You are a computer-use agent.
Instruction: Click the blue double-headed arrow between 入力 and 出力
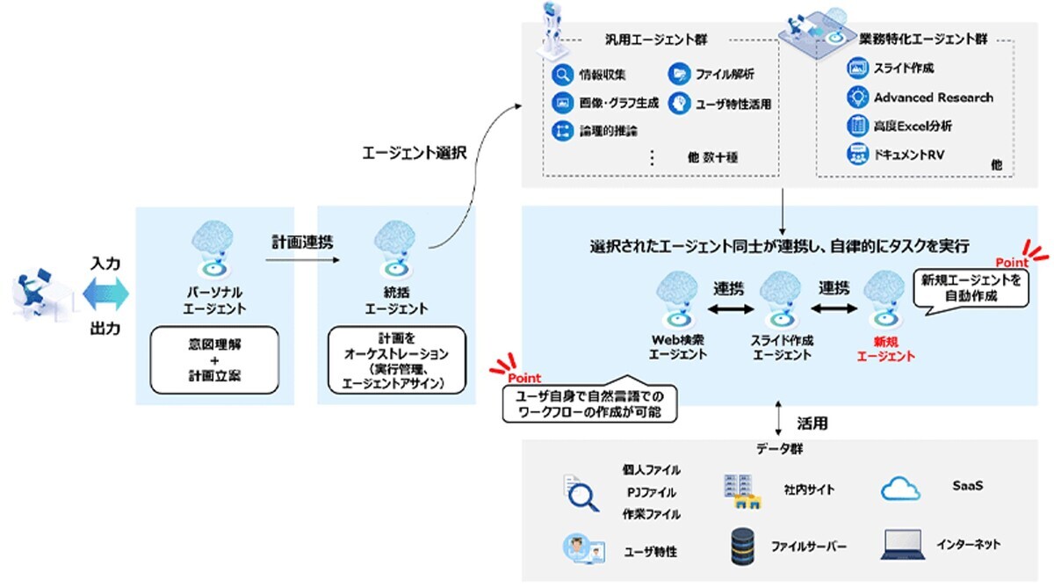[x=105, y=293]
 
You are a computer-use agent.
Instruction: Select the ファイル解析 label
[x=726, y=75]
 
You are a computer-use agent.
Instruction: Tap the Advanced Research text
[x=933, y=97]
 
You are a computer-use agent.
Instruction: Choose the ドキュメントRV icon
[x=856, y=155]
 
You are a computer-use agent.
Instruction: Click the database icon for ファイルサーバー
[x=743, y=547]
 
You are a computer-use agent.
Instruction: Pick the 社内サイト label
[x=808, y=489]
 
